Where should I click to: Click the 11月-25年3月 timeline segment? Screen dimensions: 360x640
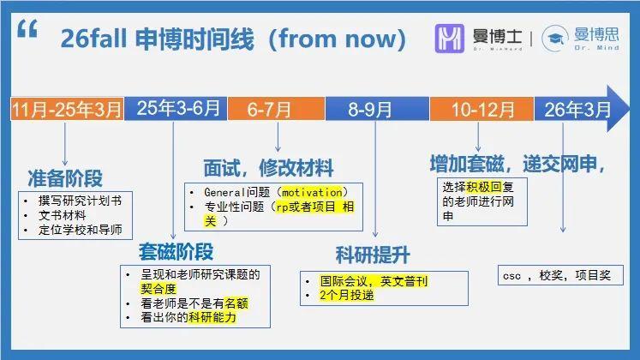click(x=68, y=110)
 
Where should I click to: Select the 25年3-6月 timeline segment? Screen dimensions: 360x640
click(x=178, y=110)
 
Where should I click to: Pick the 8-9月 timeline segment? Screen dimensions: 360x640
click(x=371, y=110)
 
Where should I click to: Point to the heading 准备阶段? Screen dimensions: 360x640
click(x=66, y=178)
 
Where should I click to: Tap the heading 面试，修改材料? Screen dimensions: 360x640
click(x=268, y=167)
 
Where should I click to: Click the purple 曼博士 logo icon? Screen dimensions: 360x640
click(x=450, y=39)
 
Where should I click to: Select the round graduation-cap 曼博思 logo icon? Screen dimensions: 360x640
click(x=556, y=39)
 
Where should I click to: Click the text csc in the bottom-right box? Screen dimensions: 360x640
click(x=511, y=276)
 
